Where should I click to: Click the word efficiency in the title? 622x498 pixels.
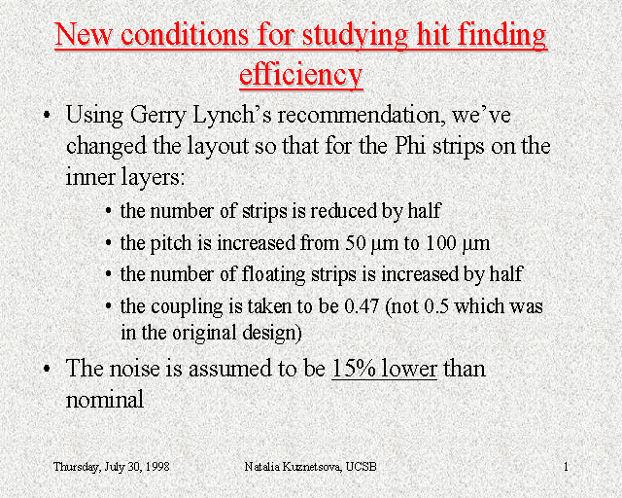[301, 74]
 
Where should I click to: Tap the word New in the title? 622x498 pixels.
[84, 34]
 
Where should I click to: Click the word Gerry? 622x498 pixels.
[157, 116]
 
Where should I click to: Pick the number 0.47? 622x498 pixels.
[362, 306]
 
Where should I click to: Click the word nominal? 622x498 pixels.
[105, 399]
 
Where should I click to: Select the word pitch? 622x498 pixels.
[171, 243]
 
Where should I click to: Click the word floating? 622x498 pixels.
[274, 275]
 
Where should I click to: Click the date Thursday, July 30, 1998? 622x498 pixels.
[112, 466]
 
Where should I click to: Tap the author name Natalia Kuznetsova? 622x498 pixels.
[293, 466]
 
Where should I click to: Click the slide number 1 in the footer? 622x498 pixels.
[566, 467]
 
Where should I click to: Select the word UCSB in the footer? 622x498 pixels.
[361, 466]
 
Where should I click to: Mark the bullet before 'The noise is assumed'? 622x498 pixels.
[47, 369]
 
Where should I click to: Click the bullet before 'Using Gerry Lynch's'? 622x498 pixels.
[47, 115]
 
